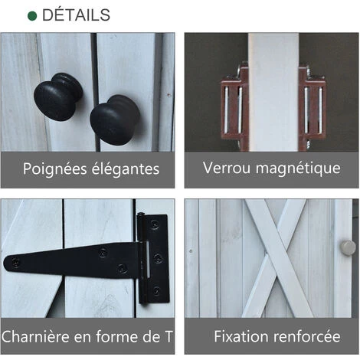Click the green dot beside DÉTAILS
32,16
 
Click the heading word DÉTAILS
76,15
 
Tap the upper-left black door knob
58,97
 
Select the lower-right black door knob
115,119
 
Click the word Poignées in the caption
55,169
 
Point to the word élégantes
125,169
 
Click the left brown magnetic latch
234,109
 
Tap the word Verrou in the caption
227,168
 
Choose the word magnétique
298,169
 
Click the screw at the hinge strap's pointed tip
16,262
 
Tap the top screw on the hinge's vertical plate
155,224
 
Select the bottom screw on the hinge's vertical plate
156,290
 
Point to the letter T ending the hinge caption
168,336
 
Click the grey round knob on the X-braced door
348,247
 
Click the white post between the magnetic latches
273,92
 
